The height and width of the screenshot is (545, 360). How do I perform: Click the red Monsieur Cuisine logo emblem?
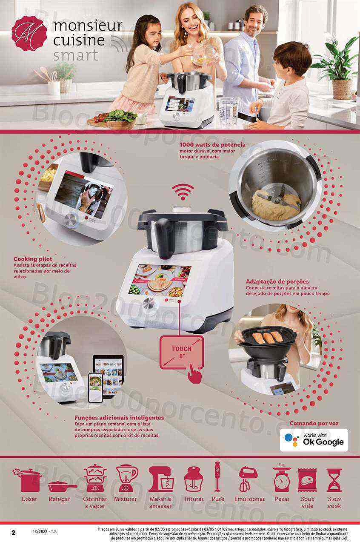click(29, 34)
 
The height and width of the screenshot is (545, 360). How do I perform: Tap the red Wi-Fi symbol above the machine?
click(183, 191)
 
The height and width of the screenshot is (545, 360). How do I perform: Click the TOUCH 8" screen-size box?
click(182, 352)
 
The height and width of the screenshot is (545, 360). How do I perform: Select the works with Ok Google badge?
click(314, 440)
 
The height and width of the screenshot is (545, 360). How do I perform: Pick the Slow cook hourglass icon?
click(334, 480)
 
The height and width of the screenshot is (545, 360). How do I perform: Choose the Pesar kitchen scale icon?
click(282, 479)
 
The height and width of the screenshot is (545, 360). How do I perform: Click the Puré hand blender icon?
click(217, 476)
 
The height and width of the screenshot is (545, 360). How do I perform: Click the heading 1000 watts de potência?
click(212, 145)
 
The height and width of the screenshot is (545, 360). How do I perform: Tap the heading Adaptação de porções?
click(277, 281)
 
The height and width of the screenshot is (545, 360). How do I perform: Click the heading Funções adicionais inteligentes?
click(119, 418)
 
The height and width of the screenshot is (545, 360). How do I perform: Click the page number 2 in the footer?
click(14, 533)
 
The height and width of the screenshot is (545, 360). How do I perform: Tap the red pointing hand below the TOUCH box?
click(194, 375)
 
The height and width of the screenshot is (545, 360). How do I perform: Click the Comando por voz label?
click(314, 423)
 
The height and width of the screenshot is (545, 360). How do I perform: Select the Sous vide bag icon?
click(307, 480)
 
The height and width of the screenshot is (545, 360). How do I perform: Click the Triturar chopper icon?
click(193, 479)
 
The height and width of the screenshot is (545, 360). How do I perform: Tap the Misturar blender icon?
click(126, 478)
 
